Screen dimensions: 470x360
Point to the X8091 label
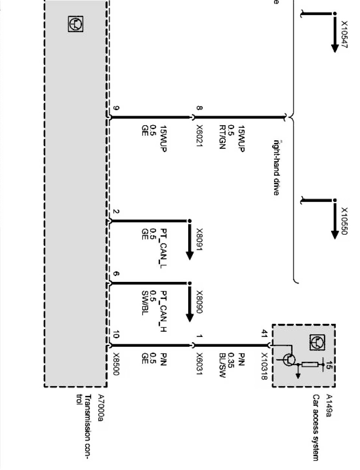tap(199, 240)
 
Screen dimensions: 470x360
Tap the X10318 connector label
tap(265, 367)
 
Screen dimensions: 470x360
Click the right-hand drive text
tap(276, 168)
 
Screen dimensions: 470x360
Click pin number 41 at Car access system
tap(265, 333)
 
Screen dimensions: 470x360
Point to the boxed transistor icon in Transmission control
tap(75, 24)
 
